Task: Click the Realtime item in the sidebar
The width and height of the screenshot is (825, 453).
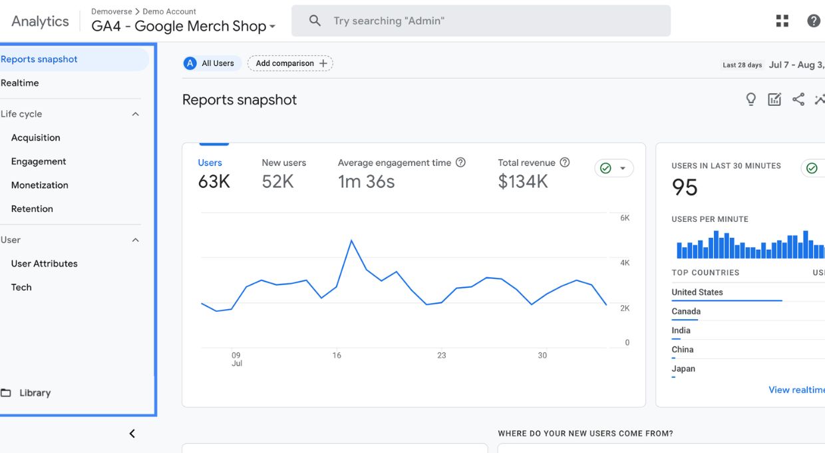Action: click(20, 83)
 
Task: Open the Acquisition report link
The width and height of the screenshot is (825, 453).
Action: click(36, 138)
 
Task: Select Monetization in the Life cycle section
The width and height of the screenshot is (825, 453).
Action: click(40, 185)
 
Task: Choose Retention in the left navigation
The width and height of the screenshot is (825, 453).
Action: click(32, 209)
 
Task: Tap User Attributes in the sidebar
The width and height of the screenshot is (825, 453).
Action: click(45, 264)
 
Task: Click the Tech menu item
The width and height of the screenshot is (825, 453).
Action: click(21, 288)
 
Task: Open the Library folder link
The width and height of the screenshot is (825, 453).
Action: click(35, 393)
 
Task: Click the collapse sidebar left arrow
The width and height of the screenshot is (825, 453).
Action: click(132, 434)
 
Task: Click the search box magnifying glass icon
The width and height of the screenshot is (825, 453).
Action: click(315, 21)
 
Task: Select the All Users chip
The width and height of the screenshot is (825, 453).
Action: click(211, 63)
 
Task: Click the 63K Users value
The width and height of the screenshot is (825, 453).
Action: click(214, 182)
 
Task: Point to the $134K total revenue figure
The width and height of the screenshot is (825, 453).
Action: click(523, 182)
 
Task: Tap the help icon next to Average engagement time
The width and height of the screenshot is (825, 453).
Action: click(460, 163)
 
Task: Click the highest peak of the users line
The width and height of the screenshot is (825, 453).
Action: click(351, 240)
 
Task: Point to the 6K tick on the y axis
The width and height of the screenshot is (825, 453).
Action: click(625, 219)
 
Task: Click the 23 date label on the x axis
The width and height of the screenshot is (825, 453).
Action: click(441, 356)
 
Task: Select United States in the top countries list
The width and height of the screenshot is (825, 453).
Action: click(697, 292)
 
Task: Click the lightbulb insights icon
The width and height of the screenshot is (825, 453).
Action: click(751, 100)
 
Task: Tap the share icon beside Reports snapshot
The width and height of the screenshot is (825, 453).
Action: click(798, 100)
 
